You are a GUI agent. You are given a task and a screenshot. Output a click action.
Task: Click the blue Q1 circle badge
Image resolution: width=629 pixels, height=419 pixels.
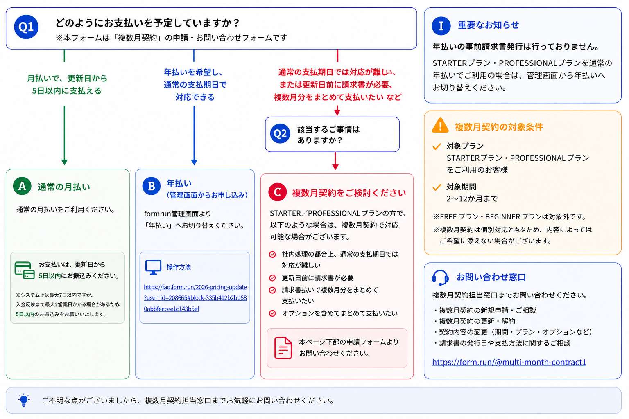click(26, 27)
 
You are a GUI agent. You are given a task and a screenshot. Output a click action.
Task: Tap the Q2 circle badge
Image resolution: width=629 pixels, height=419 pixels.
click(280, 133)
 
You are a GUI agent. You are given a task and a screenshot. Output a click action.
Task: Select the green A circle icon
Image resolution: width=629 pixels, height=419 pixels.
click(22, 186)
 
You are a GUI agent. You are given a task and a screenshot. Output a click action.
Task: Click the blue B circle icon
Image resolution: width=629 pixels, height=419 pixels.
click(152, 186)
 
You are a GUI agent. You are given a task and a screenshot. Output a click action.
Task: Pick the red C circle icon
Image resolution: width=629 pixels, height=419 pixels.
click(277, 192)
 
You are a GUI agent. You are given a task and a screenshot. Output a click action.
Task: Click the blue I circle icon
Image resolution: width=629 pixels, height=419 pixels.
click(441, 26)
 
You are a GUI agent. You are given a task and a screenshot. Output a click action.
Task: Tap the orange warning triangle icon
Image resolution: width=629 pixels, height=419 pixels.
click(440, 125)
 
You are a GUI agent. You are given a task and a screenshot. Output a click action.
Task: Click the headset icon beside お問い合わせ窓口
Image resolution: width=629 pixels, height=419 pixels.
click(440, 277)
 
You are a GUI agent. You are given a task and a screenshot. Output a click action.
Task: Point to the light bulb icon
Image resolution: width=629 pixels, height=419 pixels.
click(24, 400)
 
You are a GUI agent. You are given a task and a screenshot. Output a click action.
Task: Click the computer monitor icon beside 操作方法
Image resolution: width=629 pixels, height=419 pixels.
click(153, 267)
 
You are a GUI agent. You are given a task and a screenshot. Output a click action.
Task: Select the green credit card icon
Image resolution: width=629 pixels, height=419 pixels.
click(25, 270)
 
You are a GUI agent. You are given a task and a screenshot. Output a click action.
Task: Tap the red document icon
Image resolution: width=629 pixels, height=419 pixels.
click(283, 348)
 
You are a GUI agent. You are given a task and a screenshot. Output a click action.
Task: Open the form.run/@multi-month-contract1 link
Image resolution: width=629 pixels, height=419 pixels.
click(509, 362)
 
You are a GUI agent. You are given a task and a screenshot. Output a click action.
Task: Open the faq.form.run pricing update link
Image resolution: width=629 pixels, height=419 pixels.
click(195, 298)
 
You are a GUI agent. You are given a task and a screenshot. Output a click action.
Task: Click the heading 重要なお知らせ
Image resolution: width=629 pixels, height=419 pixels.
click(488, 25)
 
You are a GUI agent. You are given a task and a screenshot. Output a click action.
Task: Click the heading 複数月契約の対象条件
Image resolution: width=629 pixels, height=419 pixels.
click(499, 127)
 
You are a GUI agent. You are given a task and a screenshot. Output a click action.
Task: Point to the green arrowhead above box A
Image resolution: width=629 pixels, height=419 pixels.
click(64, 162)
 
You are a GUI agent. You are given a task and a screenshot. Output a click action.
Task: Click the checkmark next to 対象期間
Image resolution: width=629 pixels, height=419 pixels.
click(437, 187)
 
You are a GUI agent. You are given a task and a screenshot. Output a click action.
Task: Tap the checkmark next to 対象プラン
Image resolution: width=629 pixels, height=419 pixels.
click(437, 146)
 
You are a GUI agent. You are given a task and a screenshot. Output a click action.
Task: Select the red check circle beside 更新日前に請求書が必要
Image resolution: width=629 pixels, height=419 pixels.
click(272, 278)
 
